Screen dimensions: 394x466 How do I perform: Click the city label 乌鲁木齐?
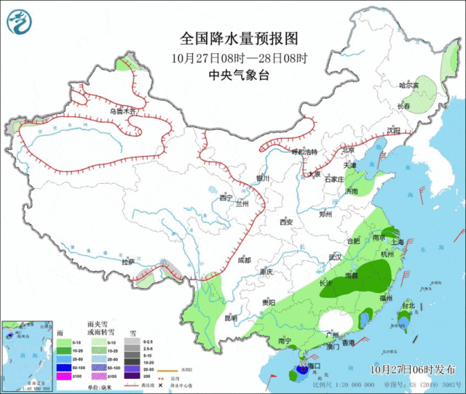pos(123,111)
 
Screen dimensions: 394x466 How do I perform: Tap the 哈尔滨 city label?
pos(409,86)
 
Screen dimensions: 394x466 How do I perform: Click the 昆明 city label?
pos(230,318)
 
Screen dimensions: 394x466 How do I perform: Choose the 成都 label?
pos(242,260)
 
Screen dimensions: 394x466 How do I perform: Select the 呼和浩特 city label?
pos(305,152)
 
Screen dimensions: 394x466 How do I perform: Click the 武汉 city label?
pos(335,257)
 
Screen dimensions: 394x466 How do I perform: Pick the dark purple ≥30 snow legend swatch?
pos(132,375)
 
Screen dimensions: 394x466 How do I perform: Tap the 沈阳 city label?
pos(394,131)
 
